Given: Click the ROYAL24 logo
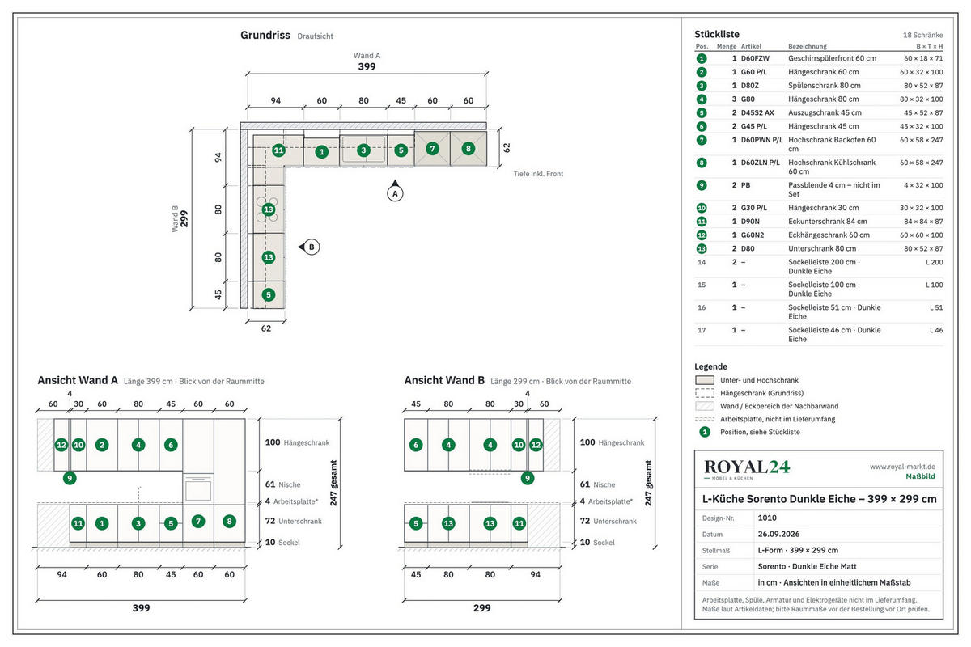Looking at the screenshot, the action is pyautogui.click(x=746, y=469).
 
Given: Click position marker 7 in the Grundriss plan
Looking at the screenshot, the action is pyautogui.click(x=432, y=149).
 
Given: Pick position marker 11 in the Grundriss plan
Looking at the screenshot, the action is pyautogui.click(x=278, y=150).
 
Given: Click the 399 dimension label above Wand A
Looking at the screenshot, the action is pyautogui.click(x=367, y=66).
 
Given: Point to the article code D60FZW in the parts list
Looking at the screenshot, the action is pyautogui.click(x=755, y=58).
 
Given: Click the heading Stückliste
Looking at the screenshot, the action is pyautogui.click(x=717, y=34).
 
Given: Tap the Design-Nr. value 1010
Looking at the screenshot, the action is pyautogui.click(x=767, y=518).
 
